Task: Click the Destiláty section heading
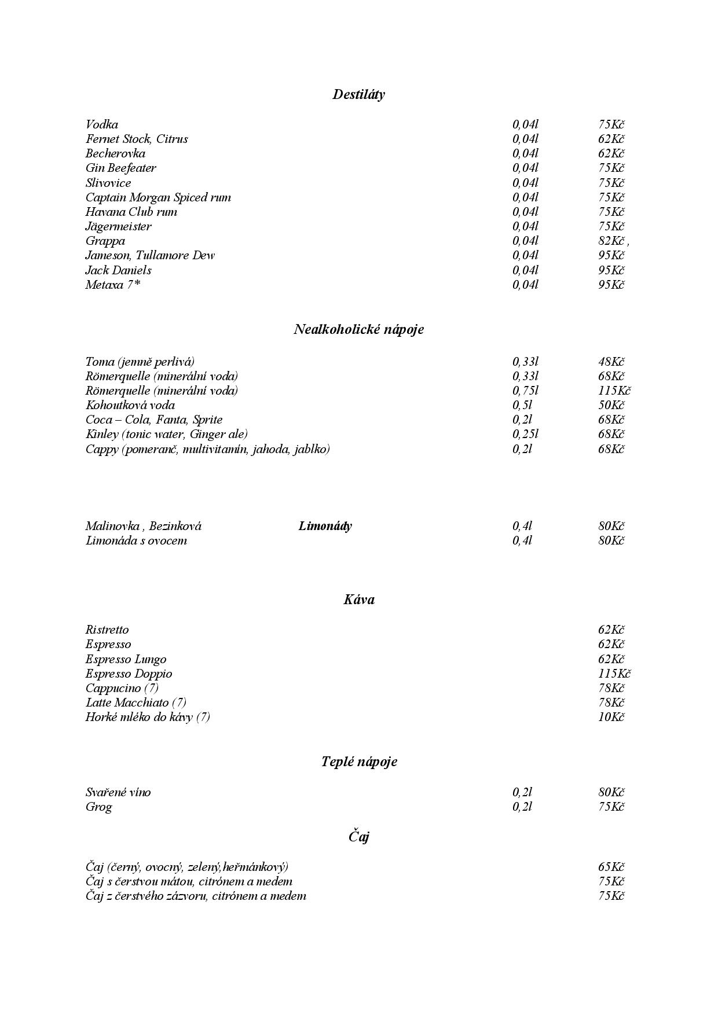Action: pyautogui.click(x=358, y=94)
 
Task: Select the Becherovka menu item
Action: pyautogui.click(x=115, y=153)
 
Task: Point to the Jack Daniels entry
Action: pyautogui.click(x=118, y=270)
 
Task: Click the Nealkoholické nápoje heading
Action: pyautogui.click(x=358, y=329)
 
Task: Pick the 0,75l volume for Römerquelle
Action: pyautogui.click(x=525, y=391)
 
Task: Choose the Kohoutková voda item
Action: pyautogui.click(x=130, y=405)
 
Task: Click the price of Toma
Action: pyautogui.click(x=611, y=362)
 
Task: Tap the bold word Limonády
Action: pyautogui.click(x=325, y=526)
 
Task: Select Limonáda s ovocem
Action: pyautogui.click(x=136, y=540)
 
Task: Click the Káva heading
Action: pyautogui.click(x=358, y=600)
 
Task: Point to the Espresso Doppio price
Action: pyautogui.click(x=614, y=674)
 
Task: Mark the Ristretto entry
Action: pyautogui.click(x=107, y=630)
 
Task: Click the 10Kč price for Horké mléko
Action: pyautogui.click(x=611, y=717)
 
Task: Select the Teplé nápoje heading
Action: pyautogui.click(x=359, y=762)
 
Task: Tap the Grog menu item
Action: pyautogui.click(x=98, y=807)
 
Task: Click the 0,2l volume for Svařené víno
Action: pyautogui.click(x=522, y=792)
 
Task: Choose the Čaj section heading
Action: pyautogui.click(x=358, y=836)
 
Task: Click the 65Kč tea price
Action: pyautogui.click(x=611, y=867)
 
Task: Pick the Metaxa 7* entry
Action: pyautogui.click(x=113, y=285)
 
